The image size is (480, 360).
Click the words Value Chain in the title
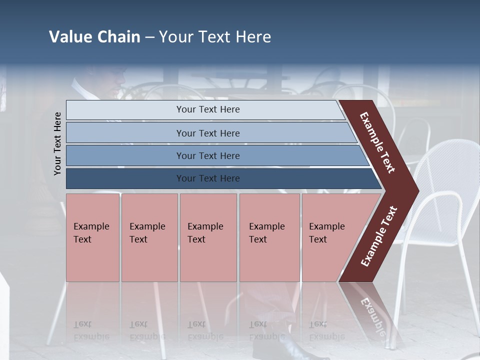pos(94,37)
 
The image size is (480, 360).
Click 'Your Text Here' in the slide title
pos(215,37)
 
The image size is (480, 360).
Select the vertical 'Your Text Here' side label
pos(58,143)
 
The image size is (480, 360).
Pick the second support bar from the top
pos(207,133)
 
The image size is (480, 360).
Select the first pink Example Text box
pos(93,237)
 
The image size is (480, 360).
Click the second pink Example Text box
pos(149,237)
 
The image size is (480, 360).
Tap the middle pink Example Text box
pos(208,237)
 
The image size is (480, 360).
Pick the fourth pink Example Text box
pos(269,237)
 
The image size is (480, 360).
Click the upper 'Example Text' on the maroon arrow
pos(377,142)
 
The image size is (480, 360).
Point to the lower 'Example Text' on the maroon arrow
pos(379,236)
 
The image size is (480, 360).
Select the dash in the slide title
pos(149,37)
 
